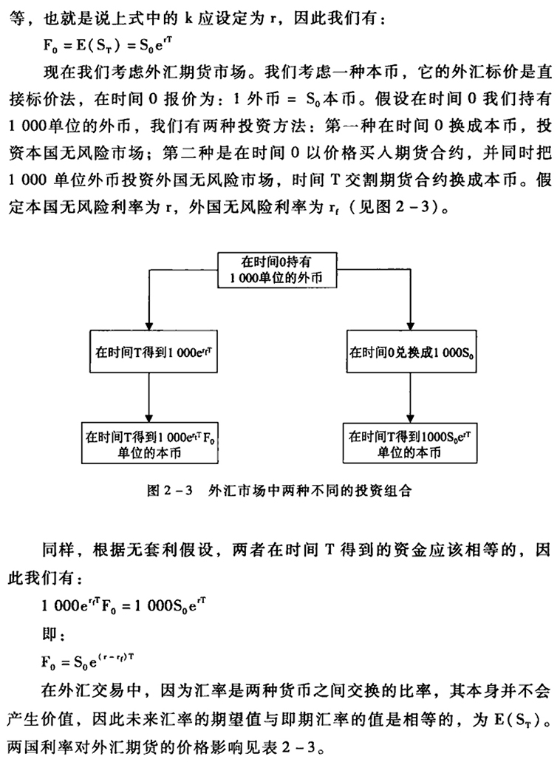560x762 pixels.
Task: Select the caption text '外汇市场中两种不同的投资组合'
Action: click(299, 490)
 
